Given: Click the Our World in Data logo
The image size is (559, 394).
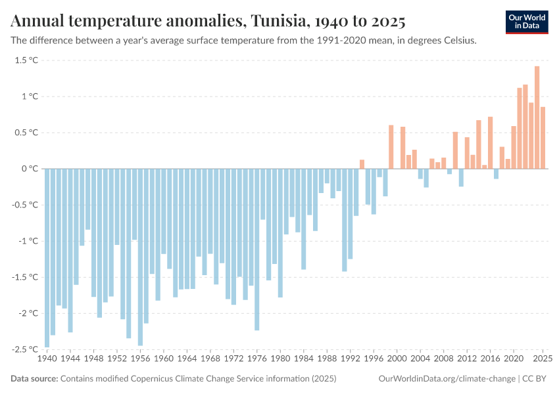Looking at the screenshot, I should (x=527, y=22).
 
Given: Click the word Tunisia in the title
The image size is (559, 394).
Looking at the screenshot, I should (x=278, y=20).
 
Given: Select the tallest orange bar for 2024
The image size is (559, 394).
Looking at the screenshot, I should (x=537, y=118).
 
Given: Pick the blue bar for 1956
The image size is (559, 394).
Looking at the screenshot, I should (x=141, y=257).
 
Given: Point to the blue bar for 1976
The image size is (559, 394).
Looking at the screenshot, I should (x=257, y=250).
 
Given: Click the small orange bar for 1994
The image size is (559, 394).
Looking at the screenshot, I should (x=362, y=164).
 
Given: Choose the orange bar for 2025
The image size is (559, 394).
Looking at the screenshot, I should (x=543, y=138).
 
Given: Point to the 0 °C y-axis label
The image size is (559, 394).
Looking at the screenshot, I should (x=30, y=169).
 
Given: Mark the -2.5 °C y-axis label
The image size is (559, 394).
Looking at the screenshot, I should (x=24, y=349).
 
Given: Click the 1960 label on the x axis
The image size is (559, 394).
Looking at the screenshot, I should (x=164, y=359).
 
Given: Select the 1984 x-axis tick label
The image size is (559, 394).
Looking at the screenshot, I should (x=304, y=359).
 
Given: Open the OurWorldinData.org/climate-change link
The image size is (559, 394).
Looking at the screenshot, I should (x=447, y=379).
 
